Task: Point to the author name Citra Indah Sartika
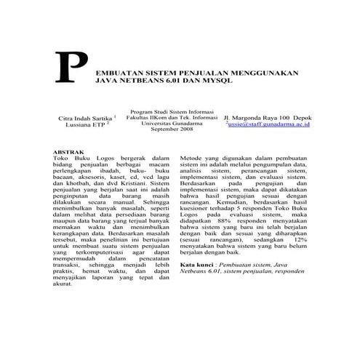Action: [79, 118]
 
